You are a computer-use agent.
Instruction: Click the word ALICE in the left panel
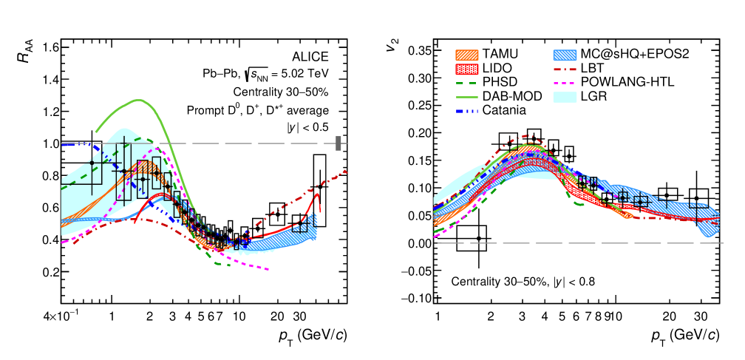[x=311, y=57]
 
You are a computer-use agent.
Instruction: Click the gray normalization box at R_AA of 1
[x=338, y=143]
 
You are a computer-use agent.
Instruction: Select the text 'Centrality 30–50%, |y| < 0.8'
[x=523, y=281]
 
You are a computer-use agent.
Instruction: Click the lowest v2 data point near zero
[x=478, y=238]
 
